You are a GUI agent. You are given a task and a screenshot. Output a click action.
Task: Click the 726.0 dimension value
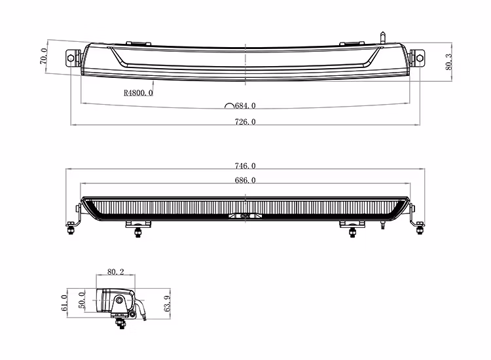[245, 122]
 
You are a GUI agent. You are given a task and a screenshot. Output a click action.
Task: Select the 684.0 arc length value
[245, 105]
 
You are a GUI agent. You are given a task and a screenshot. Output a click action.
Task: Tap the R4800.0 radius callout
[137, 93]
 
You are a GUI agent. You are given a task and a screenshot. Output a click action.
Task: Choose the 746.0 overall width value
[245, 166]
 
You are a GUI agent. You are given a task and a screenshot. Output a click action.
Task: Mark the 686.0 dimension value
[245, 180]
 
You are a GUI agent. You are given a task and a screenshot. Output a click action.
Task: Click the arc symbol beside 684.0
[228, 105]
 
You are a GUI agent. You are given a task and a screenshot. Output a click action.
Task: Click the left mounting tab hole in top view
[72, 58]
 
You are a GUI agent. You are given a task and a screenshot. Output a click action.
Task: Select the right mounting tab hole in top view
[418, 58]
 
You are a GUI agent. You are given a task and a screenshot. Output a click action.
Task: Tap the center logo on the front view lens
[245, 215]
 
